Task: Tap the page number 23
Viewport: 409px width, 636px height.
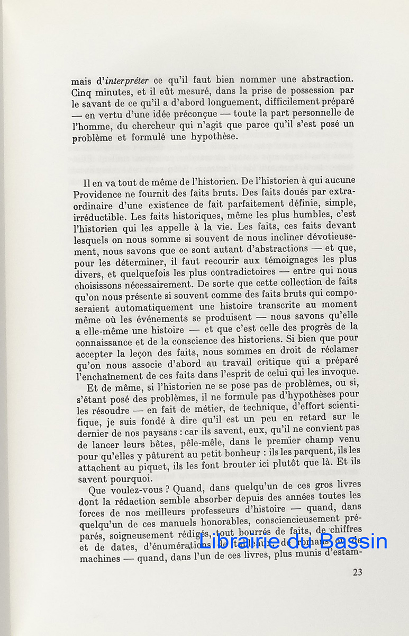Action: tap(357, 572)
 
